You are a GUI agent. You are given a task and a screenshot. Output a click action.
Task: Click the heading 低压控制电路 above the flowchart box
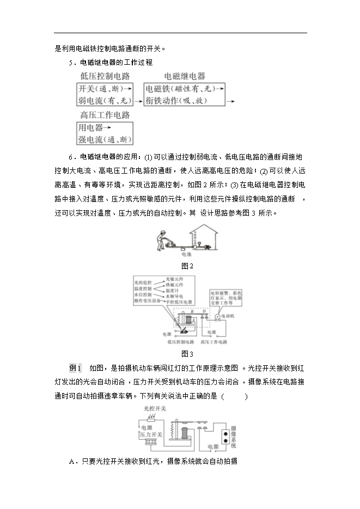[x=105, y=76]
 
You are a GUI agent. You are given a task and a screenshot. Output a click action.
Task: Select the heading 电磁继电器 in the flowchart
[x=185, y=76]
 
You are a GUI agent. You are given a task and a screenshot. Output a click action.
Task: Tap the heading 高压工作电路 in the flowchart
[x=105, y=115]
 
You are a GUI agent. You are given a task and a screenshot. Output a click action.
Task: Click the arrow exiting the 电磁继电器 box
[x=230, y=101]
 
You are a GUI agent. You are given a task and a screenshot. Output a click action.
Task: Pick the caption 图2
[x=187, y=266]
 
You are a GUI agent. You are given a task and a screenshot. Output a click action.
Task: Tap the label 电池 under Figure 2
[x=187, y=254]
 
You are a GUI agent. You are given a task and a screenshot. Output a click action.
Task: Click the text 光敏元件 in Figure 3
[x=174, y=279]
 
